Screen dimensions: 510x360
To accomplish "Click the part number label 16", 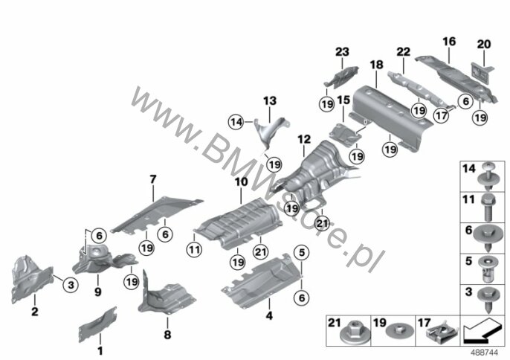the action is [449, 42].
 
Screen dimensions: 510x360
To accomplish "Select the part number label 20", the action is [484, 45].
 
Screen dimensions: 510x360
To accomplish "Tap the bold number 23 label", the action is [342, 52].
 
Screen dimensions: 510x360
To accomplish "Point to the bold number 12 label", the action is [304, 140].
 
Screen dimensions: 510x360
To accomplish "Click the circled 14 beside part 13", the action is [236, 123].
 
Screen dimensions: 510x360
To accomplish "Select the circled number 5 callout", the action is [302, 252].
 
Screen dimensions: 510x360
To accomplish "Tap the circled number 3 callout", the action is [71, 285].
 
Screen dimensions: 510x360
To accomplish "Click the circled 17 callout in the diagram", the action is [442, 115].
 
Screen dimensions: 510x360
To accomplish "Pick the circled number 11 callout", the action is [194, 250].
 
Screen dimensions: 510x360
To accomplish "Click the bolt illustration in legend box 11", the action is [487, 207].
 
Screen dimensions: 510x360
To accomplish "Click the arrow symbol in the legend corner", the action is [481, 330].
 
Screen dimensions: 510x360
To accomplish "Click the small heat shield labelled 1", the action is [97, 324].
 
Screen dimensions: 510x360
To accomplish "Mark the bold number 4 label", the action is [269, 315].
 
